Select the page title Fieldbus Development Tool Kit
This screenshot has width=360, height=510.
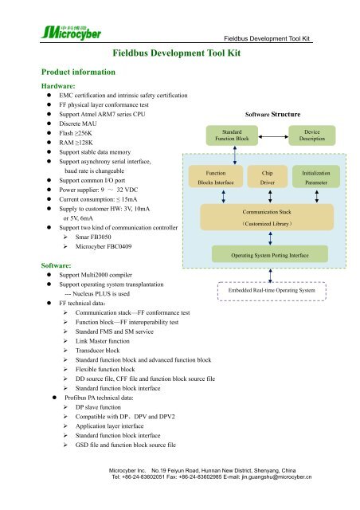click(x=176, y=53)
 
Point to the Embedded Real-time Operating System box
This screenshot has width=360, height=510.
click(x=272, y=291)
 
